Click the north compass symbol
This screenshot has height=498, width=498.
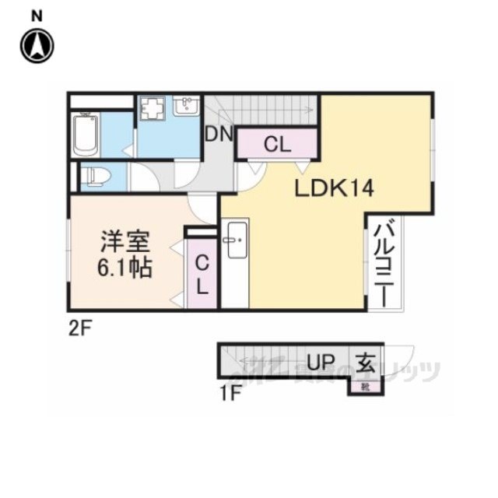(x=37, y=46)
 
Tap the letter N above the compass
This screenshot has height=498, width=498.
(x=37, y=15)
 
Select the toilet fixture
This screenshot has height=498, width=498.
(x=96, y=176)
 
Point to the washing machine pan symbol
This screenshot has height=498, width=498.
(x=154, y=110)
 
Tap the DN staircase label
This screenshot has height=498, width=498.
(x=219, y=134)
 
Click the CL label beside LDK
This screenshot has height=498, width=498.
(x=277, y=143)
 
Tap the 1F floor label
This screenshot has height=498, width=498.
(x=230, y=393)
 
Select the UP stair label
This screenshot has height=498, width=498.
(x=321, y=362)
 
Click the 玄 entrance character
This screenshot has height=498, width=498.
(x=366, y=361)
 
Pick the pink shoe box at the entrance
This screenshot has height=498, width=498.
(x=364, y=384)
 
